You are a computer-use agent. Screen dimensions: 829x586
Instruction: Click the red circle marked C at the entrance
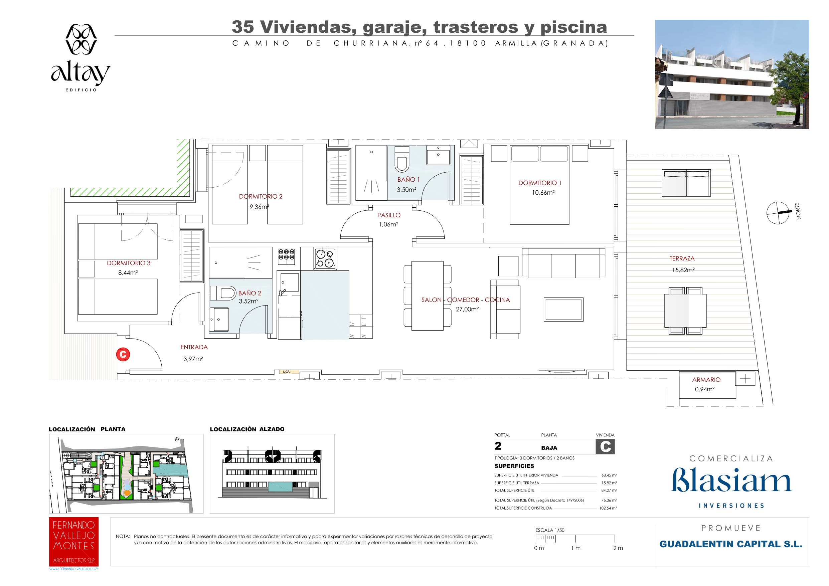pyautogui.click(x=123, y=355)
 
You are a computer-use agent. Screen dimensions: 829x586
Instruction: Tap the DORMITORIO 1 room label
pyautogui.click(x=540, y=183)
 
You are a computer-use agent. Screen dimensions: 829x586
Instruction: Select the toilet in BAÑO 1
pyautogui.click(x=402, y=159)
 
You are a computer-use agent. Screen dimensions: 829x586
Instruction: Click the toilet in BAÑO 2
pyautogui.click(x=223, y=293)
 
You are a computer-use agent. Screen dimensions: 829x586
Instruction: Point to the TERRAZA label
pyautogui.click(x=682, y=258)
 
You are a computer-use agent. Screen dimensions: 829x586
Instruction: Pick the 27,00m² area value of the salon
pyautogui.click(x=467, y=310)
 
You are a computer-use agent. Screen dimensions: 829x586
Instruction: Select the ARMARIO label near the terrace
pyautogui.click(x=706, y=380)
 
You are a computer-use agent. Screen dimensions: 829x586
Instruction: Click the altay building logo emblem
pyautogui.click(x=81, y=39)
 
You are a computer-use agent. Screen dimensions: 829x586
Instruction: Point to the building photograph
pyautogui.click(x=732, y=74)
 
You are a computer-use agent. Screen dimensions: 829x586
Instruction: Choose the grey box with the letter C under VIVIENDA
pyautogui.click(x=605, y=447)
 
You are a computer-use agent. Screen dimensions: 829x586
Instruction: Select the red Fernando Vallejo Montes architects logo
pyautogui.click(x=74, y=542)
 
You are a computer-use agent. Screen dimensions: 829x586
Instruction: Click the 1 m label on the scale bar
pyautogui.click(x=576, y=548)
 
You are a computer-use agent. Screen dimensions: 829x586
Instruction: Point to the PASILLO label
pyautogui.click(x=389, y=215)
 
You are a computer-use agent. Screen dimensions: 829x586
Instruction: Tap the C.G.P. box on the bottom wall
pyautogui.click(x=286, y=372)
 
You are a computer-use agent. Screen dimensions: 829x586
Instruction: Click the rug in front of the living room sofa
pyautogui.click(x=563, y=310)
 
